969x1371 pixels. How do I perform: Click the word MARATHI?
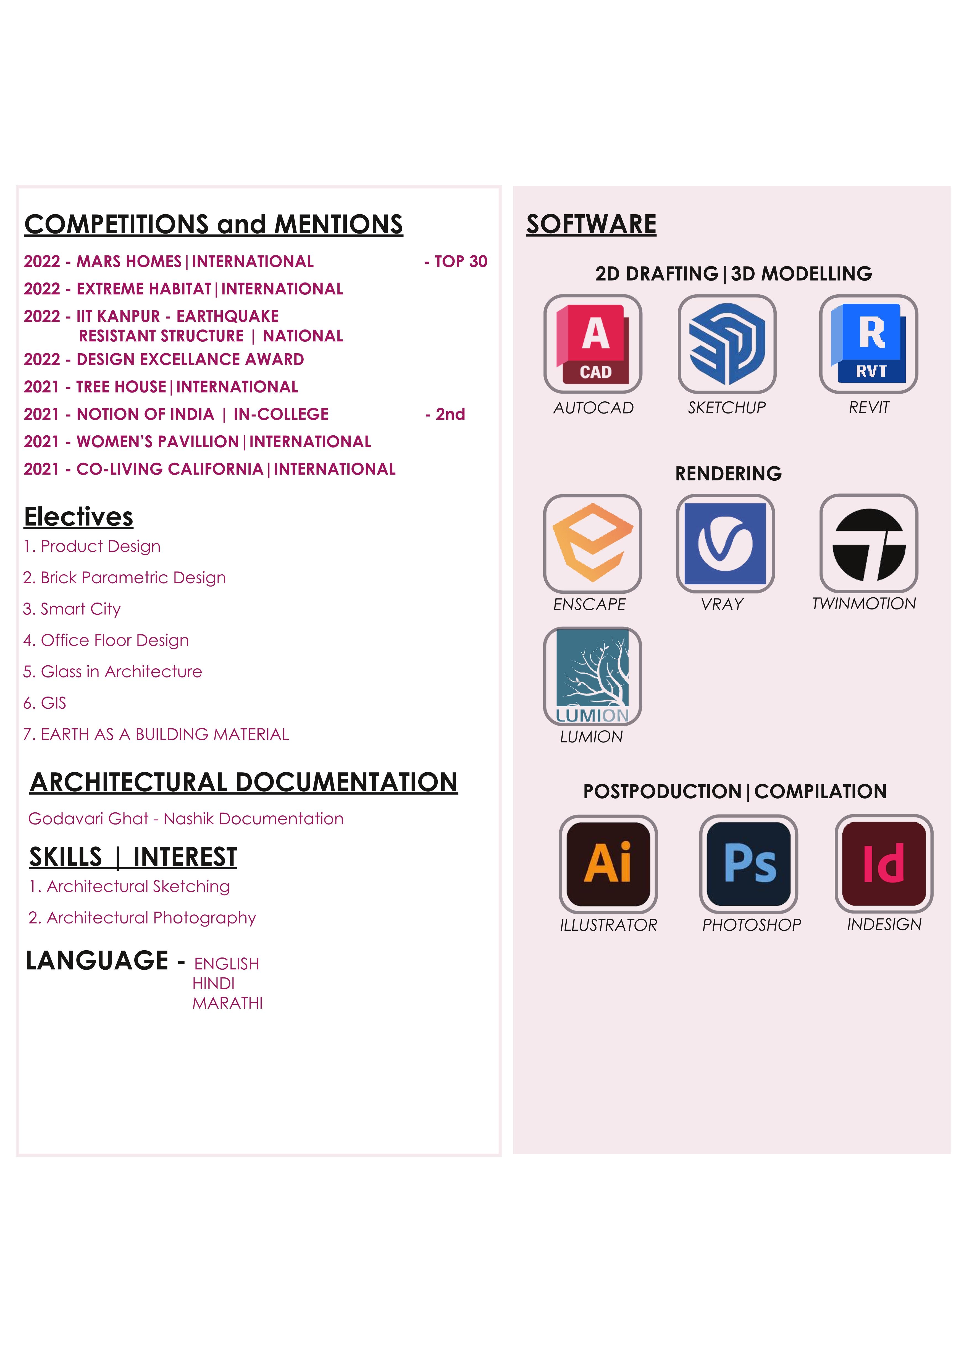[x=227, y=1003]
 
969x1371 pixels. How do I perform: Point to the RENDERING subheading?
[x=728, y=473]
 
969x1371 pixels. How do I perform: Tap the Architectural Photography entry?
[x=143, y=918]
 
